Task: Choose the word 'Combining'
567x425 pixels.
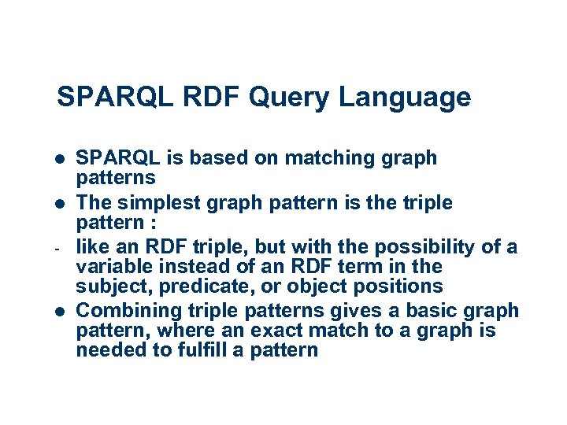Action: [126, 310]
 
